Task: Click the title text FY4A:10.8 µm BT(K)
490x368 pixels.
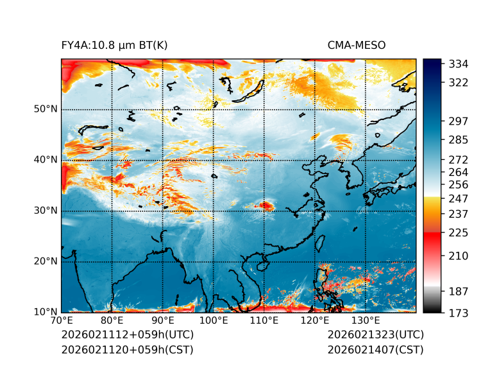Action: (x=114, y=45)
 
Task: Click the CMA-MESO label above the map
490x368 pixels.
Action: (x=356, y=45)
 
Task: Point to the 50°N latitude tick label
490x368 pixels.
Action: (x=46, y=109)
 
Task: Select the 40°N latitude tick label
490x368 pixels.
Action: (x=46, y=160)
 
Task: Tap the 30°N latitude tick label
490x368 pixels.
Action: (x=46, y=211)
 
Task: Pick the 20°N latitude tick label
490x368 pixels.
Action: (x=46, y=261)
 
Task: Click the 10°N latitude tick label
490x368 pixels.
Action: (x=46, y=312)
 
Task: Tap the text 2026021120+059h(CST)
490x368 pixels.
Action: (x=127, y=350)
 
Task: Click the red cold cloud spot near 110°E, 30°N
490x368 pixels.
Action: (x=265, y=206)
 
